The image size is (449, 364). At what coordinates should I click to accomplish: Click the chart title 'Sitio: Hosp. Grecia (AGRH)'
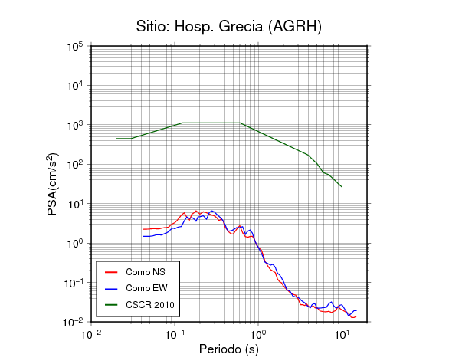pyautogui.click(x=229, y=27)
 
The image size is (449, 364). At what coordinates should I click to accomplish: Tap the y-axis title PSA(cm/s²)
pyautogui.click(x=53, y=184)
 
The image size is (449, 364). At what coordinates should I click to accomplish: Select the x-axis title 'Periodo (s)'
pyautogui.click(x=229, y=349)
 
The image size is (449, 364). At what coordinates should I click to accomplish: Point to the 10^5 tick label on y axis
pyautogui.click(x=75, y=47)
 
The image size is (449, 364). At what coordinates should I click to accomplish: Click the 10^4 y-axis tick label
pyautogui.click(x=75, y=86)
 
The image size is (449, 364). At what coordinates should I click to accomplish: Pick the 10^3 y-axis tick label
pyautogui.click(x=75, y=125)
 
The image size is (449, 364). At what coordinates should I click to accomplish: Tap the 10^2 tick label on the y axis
pyautogui.click(x=75, y=165)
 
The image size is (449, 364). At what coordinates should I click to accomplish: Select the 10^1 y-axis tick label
pyautogui.click(x=75, y=204)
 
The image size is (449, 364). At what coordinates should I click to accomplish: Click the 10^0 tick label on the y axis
pyautogui.click(x=75, y=243)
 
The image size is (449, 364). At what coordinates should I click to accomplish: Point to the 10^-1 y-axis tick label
pyautogui.click(x=73, y=283)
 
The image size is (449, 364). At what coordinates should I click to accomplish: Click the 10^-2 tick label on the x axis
pyautogui.click(x=91, y=334)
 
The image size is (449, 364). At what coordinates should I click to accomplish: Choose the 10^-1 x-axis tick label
pyautogui.click(x=175, y=334)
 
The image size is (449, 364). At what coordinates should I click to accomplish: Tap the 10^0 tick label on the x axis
pyautogui.click(x=258, y=334)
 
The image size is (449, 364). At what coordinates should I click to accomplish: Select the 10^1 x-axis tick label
pyautogui.click(x=342, y=334)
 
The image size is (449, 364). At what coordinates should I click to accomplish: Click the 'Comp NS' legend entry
pyautogui.click(x=135, y=272)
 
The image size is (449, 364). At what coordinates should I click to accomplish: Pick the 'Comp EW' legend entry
pyautogui.click(x=136, y=288)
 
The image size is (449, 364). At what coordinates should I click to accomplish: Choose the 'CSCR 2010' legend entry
pyautogui.click(x=139, y=305)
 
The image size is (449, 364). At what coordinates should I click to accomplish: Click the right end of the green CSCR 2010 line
pyautogui.click(x=342, y=187)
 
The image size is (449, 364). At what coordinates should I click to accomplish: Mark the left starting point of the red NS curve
pyautogui.click(x=143, y=229)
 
